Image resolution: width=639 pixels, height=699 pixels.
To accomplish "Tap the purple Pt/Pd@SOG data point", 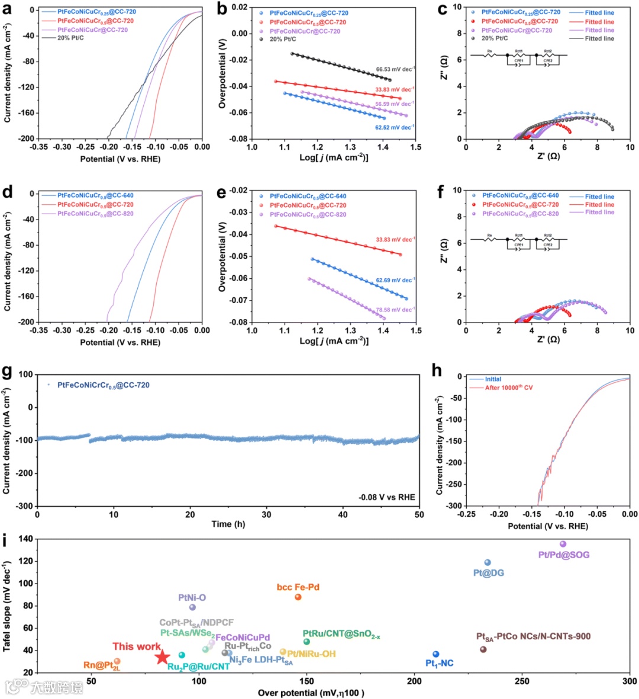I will pyautogui.click(x=563, y=544).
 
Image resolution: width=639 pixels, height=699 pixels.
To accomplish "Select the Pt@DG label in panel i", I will pyautogui.click(x=489, y=573).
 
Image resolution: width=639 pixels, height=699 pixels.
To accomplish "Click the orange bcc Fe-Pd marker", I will pyautogui.click(x=298, y=597).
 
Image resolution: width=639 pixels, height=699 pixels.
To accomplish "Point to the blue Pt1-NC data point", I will pyautogui.click(x=436, y=654).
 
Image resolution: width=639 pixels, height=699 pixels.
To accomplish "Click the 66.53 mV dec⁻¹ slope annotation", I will pyautogui.click(x=395, y=69).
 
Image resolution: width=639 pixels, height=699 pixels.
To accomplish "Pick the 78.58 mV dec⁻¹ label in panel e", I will pyautogui.click(x=395, y=310).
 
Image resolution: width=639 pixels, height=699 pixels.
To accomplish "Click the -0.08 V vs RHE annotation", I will pyautogui.click(x=387, y=497).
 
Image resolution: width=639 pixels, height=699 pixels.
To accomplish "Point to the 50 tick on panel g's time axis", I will pyautogui.click(x=419, y=515).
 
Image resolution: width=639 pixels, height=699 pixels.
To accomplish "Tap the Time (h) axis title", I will pyautogui.click(x=229, y=524).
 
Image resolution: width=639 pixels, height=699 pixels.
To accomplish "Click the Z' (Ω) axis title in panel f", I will pyautogui.click(x=548, y=340).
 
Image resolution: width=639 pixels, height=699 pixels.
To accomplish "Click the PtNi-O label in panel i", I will pyautogui.click(x=192, y=598).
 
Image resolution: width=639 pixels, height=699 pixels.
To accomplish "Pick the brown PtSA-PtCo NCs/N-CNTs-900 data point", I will pyautogui.click(x=483, y=649).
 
